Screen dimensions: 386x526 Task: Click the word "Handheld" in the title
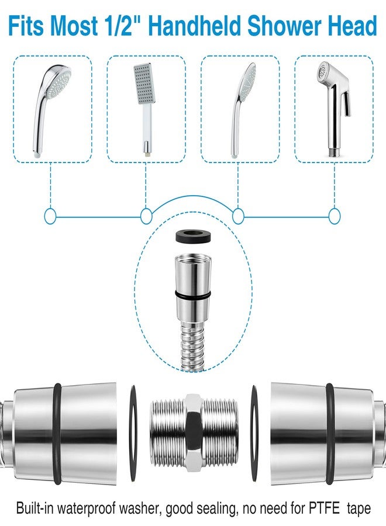194,26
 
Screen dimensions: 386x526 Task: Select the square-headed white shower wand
144,110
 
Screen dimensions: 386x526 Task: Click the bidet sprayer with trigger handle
334,109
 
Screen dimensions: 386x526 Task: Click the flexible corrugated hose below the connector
192,345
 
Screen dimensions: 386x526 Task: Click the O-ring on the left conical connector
57,434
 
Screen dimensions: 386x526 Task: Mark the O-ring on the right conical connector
330,434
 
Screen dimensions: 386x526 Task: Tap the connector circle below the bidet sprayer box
335,216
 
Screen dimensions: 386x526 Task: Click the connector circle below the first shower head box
50,216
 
